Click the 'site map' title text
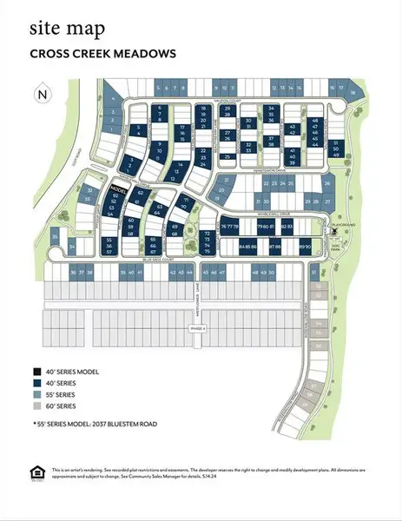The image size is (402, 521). [x=67, y=30]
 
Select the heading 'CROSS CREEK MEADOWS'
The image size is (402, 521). [x=102, y=54]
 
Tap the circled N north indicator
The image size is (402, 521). [x=41, y=94]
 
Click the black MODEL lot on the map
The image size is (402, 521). [x=119, y=188]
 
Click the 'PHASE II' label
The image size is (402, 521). [x=197, y=327]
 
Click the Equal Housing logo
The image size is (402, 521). [x=36, y=472]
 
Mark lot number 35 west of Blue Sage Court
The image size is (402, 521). [x=56, y=235]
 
